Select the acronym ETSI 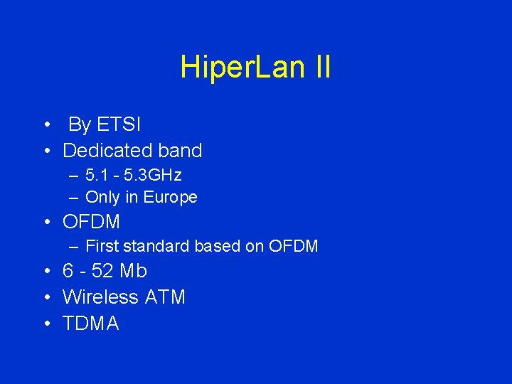[x=119, y=125]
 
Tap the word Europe [x=171, y=197]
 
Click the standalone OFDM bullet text [x=91, y=222]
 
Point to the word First [x=102, y=247]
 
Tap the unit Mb [x=133, y=272]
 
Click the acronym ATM [x=165, y=297]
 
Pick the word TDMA [x=90, y=324]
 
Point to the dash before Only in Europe [x=74, y=198]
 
